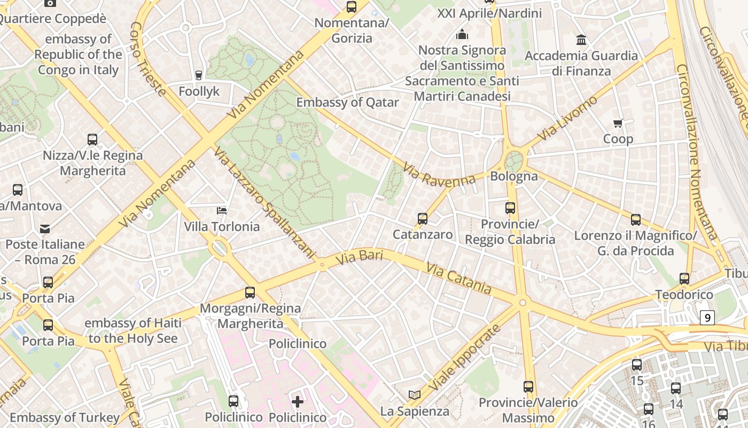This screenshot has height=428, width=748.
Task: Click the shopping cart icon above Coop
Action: [x=618, y=124]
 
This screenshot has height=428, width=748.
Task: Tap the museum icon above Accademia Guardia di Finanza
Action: [x=581, y=40]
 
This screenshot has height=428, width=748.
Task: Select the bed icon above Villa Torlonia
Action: [x=222, y=210]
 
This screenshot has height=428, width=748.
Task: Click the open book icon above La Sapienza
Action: [x=415, y=395]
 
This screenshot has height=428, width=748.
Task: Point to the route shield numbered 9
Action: [x=707, y=318]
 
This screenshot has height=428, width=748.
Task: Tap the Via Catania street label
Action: [x=458, y=277]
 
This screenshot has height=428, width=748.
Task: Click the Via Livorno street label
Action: [x=567, y=119]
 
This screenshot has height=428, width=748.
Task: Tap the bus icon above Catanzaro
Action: [x=423, y=219]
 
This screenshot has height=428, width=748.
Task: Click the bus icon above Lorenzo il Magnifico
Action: [x=635, y=220]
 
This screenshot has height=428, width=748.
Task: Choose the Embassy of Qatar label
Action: [x=347, y=102]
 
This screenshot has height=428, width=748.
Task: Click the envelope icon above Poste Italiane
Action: [x=45, y=229]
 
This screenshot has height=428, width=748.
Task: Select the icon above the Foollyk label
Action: [x=199, y=75]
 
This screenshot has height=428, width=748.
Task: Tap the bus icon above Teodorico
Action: [x=684, y=279]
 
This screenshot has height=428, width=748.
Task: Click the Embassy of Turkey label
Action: [x=65, y=417]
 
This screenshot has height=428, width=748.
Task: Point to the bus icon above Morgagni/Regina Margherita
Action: [x=250, y=293]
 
